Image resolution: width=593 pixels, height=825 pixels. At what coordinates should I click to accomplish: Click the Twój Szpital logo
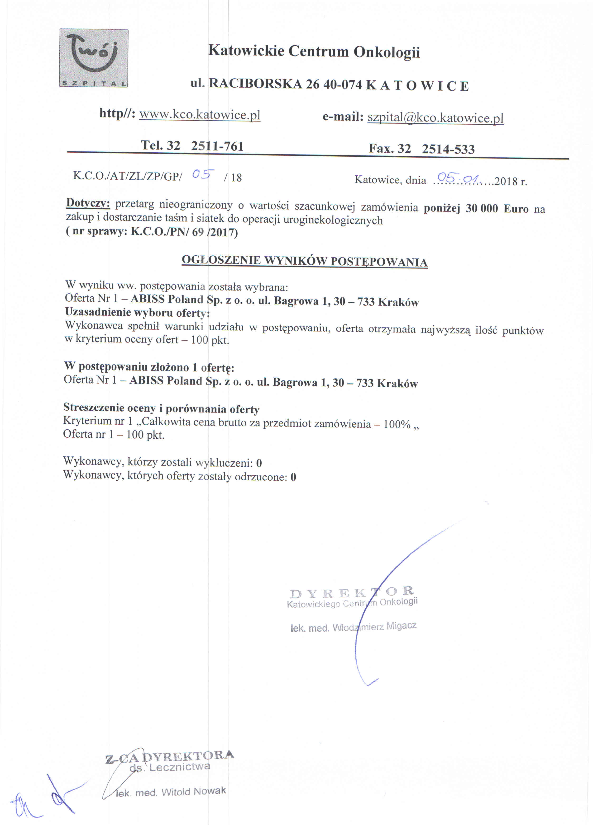pos(94,58)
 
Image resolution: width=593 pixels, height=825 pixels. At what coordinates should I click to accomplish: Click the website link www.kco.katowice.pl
pos(200,115)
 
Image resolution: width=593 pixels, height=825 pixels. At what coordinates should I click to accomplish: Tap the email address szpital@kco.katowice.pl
pos(435,118)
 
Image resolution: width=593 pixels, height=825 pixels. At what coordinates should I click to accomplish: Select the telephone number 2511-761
pos(217,146)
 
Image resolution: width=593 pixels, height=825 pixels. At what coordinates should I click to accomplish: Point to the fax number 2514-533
pos(448,149)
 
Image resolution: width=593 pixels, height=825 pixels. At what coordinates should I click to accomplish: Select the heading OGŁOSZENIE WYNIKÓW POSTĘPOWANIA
pos(304,261)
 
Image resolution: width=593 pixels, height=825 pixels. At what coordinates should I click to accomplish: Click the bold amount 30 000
pos(481,208)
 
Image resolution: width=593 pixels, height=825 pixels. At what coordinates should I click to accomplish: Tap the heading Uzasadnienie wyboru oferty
pos(137,313)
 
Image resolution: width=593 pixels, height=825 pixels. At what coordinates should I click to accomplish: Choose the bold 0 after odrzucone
pos(293,477)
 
